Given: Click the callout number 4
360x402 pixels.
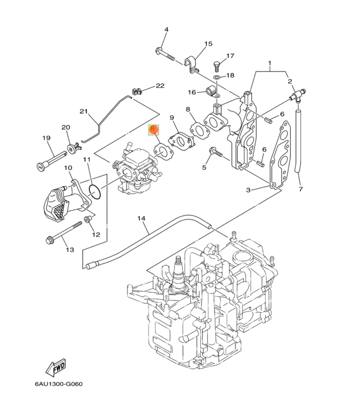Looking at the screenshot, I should [166, 30].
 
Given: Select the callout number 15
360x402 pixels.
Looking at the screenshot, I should [208, 44].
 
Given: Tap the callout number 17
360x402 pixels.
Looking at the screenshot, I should [230, 56].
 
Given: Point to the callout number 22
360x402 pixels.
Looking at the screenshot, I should [160, 86].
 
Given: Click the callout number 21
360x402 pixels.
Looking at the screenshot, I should [83, 112].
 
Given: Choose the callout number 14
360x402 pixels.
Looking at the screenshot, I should [141, 218].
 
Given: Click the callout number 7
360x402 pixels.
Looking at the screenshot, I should [300, 190].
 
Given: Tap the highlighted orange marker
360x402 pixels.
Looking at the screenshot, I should [152, 129].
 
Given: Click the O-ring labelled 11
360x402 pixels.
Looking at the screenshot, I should [97, 190].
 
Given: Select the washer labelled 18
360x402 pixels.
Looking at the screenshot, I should [217, 76].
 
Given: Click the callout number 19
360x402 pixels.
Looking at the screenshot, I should [46, 138].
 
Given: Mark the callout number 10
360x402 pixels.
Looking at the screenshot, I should [68, 168].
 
